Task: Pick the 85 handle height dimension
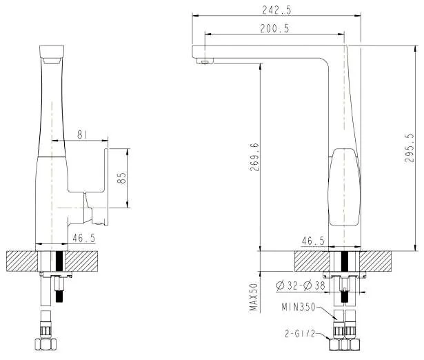(121, 178)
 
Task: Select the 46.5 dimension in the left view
(83, 238)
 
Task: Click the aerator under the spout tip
(204, 62)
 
